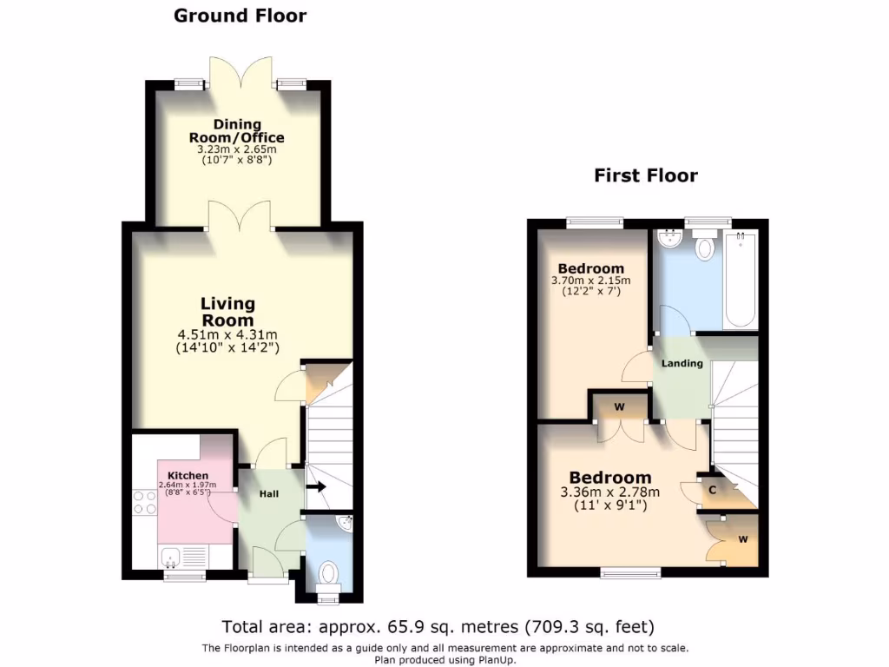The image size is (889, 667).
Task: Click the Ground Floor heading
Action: click(x=240, y=16)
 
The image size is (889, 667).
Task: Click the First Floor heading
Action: click(x=645, y=175)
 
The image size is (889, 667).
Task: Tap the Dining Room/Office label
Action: click(x=237, y=131)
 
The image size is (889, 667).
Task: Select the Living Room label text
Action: click(x=228, y=312)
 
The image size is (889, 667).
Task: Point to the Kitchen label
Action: click(x=188, y=475)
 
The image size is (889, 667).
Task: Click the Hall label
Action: click(x=269, y=493)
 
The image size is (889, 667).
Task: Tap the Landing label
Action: click(x=682, y=363)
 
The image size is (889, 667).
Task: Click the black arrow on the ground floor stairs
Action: click(x=314, y=486)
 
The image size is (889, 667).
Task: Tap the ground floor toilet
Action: click(x=328, y=574)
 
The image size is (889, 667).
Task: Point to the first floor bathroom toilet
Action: click(x=704, y=247)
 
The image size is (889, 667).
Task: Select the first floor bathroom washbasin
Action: click(x=668, y=238)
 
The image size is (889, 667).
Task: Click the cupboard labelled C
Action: click(x=713, y=490)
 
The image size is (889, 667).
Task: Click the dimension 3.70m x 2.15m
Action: click(x=590, y=281)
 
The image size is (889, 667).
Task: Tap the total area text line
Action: click(x=438, y=626)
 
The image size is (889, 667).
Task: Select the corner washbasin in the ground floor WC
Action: click(x=345, y=524)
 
